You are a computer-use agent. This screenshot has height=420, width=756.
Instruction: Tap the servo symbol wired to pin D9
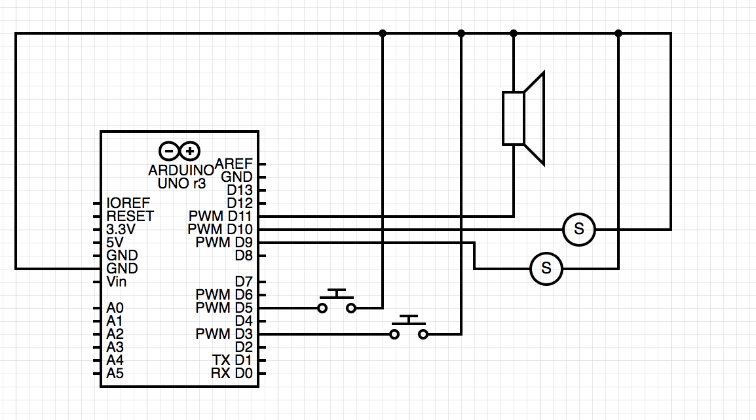click(x=546, y=268)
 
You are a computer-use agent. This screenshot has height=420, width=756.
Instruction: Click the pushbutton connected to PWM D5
click(x=337, y=302)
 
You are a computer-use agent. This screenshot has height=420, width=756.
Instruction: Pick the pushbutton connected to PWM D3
click(x=409, y=329)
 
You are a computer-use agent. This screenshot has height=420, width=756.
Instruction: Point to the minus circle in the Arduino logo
click(x=169, y=152)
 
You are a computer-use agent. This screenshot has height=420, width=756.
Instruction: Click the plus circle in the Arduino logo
click(x=191, y=152)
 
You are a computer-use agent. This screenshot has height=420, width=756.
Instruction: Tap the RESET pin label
click(x=130, y=216)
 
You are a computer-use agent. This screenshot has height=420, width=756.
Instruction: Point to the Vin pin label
click(x=117, y=282)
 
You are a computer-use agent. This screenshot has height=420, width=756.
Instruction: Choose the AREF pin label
click(x=234, y=164)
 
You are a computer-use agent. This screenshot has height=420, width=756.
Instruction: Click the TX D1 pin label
click(x=232, y=360)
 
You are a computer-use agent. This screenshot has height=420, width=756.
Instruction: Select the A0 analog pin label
click(x=115, y=307)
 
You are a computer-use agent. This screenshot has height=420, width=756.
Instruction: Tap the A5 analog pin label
click(x=115, y=374)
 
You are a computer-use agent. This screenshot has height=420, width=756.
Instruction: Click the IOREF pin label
click(x=128, y=203)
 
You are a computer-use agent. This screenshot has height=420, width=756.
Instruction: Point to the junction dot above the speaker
click(x=514, y=33)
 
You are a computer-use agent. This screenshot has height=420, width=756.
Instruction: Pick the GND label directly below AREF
click(x=236, y=177)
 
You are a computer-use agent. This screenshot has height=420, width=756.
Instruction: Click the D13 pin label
click(x=239, y=190)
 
